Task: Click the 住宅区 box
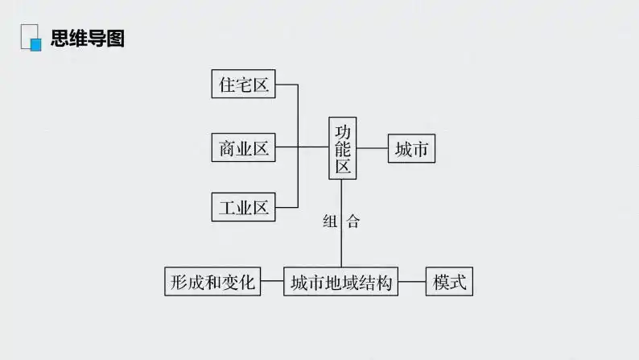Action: (244, 85)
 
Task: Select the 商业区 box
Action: (244, 148)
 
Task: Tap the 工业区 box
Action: (244, 207)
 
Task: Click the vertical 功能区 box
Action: (343, 148)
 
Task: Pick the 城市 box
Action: (411, 148)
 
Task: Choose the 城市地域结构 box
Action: (340, 282)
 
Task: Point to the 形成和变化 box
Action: (212, 282)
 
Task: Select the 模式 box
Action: (449, 282)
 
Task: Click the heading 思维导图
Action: (88, 38)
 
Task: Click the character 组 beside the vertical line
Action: (330, 222)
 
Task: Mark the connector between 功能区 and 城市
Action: (373, 148)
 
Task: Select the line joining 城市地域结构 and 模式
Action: (412, 282)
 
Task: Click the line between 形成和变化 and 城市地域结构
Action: (273, 282)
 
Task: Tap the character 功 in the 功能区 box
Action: (343, 130)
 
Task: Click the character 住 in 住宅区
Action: (226, 85)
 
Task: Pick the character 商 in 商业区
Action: (226, 148)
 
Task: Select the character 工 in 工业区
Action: (226, 207)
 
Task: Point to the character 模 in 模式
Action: (441, 282)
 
